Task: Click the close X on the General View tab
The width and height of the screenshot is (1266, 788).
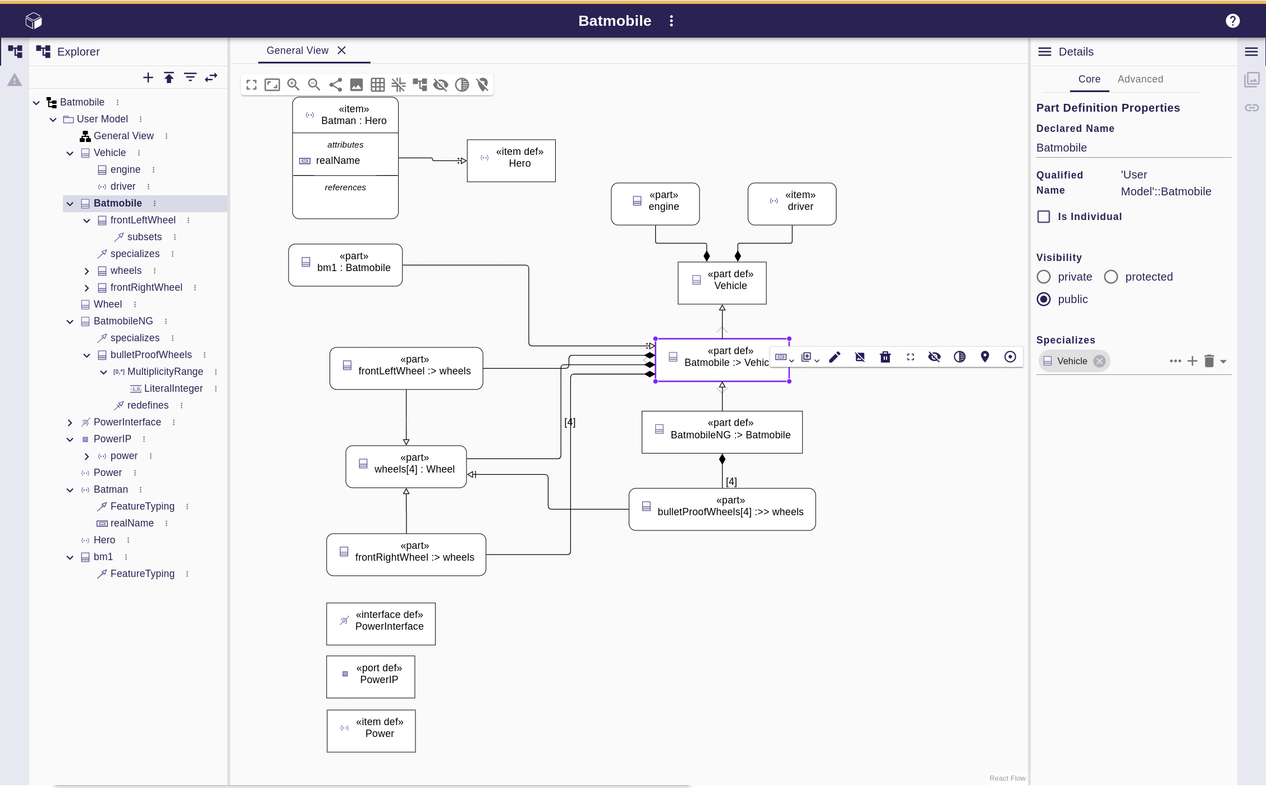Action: coord(341,51)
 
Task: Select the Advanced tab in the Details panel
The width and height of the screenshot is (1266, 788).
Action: coord(1140,79)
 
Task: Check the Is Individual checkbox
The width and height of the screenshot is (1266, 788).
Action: coord(1044,217)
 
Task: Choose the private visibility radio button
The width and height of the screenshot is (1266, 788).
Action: coord(1044,277)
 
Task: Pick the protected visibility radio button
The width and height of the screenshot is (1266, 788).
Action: coord(1110,277)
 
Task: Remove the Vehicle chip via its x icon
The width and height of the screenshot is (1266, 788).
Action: coord(1099,361)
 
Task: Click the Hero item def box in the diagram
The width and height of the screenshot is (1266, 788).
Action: coord(511,161)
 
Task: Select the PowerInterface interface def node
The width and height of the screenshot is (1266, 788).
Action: coord(381,624)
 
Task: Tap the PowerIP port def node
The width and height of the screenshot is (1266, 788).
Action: coord(371,677)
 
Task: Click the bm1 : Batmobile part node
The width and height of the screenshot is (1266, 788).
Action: coord(345,265)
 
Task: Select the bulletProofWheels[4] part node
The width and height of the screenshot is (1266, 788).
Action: coord(722,509)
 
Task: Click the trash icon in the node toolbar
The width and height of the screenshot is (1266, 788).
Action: coord(885,357)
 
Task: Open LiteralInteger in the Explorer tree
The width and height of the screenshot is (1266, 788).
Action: coord(173,388)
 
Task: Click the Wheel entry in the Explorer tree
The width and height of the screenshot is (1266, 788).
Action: coord(107,304)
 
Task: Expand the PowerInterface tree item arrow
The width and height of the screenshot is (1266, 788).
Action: coord(70,423)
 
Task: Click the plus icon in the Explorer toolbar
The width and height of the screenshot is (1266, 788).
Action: coord(148,77)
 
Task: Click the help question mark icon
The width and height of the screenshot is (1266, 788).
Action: coord(1232,21)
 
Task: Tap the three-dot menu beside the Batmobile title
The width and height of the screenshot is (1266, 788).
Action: coord(671,21)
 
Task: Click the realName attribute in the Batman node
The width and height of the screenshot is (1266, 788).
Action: coord(337,161)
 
